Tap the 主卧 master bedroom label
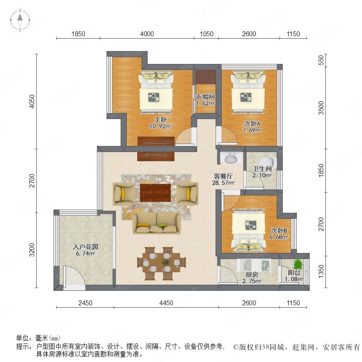160,119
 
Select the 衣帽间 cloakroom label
205,97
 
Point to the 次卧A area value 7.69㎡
252,130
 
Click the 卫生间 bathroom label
262,169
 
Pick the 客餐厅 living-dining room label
223,177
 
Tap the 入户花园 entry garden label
85,247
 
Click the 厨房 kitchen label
252,275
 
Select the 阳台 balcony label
294,272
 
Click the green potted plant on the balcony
298,264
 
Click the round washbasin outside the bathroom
230,159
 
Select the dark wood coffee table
155,193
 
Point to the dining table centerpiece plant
166,262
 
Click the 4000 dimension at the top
147,34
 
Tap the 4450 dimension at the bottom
166,303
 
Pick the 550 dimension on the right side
321,60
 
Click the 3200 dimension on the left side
32,250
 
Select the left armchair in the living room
123,194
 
